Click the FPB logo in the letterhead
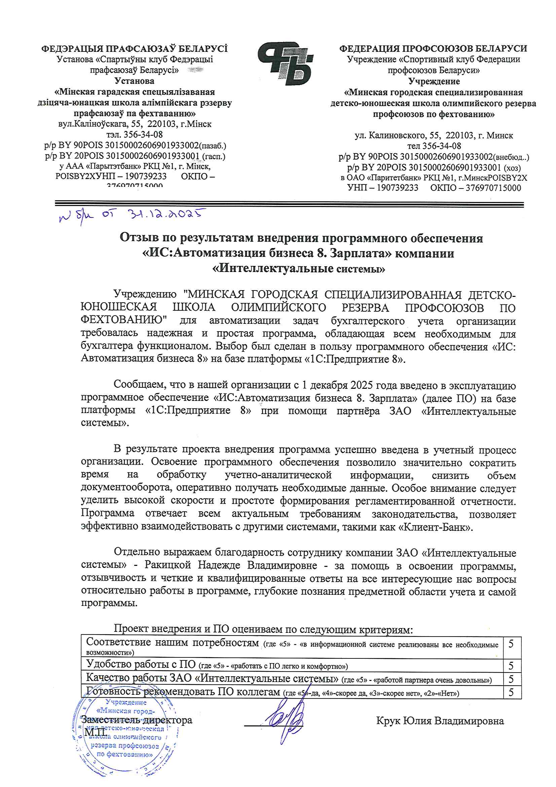click(x=285, y=64)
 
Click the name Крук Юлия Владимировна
click(x=440, y=721)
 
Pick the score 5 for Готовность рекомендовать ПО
click(x=511, y=692)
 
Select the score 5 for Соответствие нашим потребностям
click(x=511, y=644)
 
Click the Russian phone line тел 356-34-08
click(x=434, y=146)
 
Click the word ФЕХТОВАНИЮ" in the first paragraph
click(x=124, y=320)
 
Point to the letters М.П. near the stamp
click(x=92, y=732)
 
